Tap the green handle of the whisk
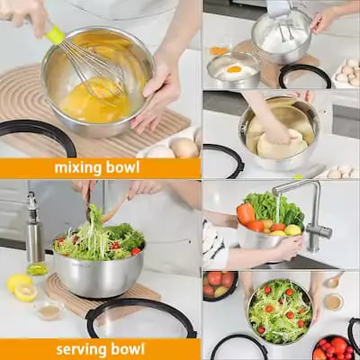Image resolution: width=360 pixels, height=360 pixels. [55, 34]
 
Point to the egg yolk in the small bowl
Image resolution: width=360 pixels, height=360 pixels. [234, 69]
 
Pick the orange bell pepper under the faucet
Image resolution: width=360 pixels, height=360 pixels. [246, 213]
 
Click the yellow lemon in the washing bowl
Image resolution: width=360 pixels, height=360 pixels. [292, 230]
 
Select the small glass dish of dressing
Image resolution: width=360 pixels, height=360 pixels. [49, 311]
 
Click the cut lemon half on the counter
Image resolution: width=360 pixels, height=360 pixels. [26, 292]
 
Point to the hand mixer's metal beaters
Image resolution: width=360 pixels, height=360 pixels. [286, 32]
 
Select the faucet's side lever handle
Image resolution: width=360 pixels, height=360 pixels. [322, 231]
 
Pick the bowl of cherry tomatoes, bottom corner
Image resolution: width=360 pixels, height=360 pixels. [334, 348]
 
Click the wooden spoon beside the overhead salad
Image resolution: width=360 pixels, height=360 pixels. [334, 280]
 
